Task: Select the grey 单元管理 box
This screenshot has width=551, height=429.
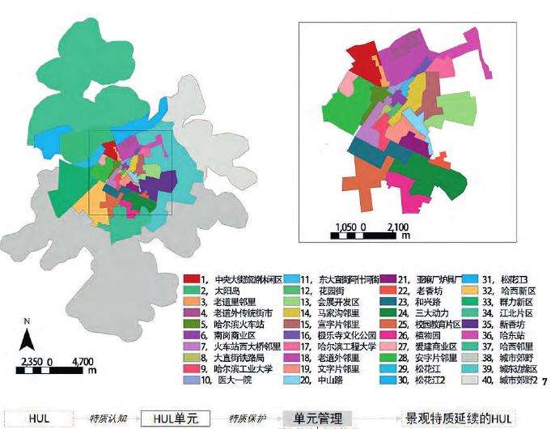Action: coord(316,419)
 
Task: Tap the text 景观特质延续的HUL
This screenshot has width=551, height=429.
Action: coord(460,419)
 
